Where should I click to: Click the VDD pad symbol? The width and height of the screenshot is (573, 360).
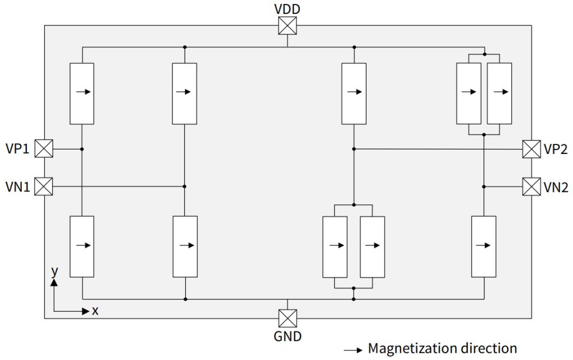coord(287,25)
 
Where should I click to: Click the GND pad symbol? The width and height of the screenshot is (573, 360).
coord(287,319)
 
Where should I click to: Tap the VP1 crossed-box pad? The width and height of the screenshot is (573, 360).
coord(44,149)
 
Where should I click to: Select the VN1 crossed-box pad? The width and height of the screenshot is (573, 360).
coord(44,186)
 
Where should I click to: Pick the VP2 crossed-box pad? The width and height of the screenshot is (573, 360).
coord(531,149)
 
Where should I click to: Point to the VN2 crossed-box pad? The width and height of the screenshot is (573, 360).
coord(531,186)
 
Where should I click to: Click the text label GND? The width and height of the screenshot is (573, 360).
coord(287,336)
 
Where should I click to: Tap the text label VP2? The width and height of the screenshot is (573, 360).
coord(556,149)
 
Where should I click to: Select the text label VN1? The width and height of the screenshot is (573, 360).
coord(18,186)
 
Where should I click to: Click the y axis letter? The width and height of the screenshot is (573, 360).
coord(54,271)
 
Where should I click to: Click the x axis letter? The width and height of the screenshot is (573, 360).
coord(95,311)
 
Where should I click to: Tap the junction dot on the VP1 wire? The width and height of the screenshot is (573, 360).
coord(82,149)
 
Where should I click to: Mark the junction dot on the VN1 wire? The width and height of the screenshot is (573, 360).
coord(185,186)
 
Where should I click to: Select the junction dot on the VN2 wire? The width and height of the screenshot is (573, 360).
coord(484,186)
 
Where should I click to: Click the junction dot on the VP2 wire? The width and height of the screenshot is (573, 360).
coord(354,149)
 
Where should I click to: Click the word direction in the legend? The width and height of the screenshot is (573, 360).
coord(487,348)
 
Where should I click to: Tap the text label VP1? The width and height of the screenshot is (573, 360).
coord(18,149)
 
